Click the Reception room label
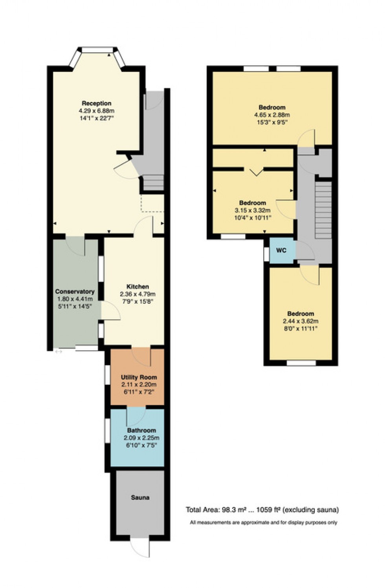click(x=96, y=103)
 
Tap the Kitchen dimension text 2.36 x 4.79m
click(x=137, y=294)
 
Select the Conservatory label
click(x=75, y=292)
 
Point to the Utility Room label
click(x=139, y=377)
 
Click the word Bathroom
click(x=141, y=430)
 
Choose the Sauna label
click(x=140, y=497)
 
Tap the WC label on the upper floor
click(x=281, y=250)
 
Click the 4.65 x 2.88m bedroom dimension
click(x=272, y=115)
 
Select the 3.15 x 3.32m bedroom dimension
click(x=252, y=210)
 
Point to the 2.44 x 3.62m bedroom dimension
click(x=301, y=321)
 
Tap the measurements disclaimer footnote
click(x=263, y=522)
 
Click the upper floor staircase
click(x=324, y=208)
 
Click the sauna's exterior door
click(x=140, y=546)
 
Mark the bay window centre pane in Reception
click(x=97, y=49)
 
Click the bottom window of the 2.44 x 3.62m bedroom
click(x=301, y=363)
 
